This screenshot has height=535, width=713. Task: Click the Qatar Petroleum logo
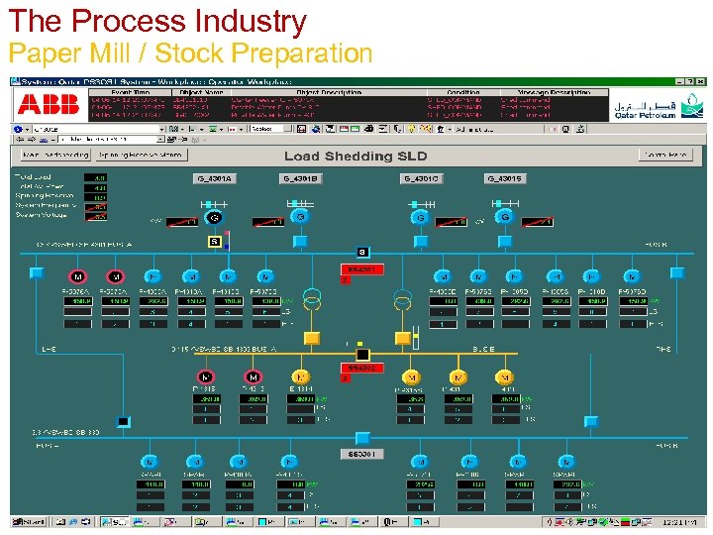click(645, 107)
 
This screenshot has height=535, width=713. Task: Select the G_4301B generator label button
click(300, 179)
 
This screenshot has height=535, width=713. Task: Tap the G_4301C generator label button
click(421, 179)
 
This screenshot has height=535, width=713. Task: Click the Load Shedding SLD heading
click(356, 156)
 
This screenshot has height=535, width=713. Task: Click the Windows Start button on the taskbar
click(30, 521)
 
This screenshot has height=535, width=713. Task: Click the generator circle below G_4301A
click(213, 217)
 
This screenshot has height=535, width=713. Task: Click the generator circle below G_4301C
click(421, 217)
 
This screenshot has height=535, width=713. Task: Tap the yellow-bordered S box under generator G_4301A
click(213, 241)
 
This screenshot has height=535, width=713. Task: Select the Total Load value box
click(99, 176)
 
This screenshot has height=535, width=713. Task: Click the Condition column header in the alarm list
click(462, 91)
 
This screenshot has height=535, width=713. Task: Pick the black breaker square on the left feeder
click(123, 421)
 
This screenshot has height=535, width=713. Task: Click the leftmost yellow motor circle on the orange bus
click(302, 376)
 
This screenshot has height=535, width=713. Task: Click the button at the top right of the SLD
click(664, 155)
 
